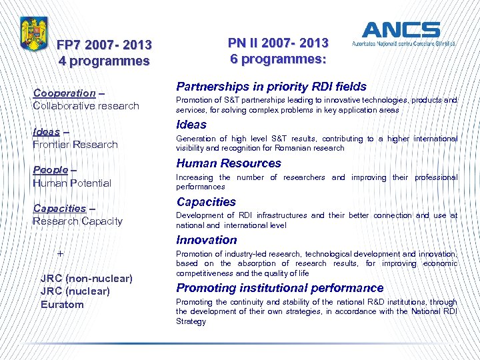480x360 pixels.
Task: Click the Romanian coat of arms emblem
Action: (33, 35)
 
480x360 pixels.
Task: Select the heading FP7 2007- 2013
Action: (104, 45)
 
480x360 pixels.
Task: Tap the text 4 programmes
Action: (104, 61)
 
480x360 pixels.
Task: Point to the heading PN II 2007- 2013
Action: (278, 43)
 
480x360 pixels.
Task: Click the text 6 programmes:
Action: (278, 59)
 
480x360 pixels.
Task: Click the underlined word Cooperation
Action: (64, 93)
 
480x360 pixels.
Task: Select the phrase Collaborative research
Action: (86, 106)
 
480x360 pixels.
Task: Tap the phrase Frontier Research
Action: (75, 145)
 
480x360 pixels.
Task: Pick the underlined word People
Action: (51, 170)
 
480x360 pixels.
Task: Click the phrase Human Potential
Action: (72, 183)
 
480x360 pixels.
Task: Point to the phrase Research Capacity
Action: (77, 221)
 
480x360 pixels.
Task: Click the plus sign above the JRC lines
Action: (61, 254)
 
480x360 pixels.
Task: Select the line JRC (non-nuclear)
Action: (86, 278)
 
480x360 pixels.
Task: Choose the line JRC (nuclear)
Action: (75, 291)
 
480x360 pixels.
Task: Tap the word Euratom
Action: (62, 305)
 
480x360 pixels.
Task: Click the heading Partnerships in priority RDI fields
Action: (271, 87)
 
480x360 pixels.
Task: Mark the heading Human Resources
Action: (229, 163)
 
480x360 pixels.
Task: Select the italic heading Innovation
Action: (207, 240)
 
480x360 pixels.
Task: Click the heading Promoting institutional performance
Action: (280, 288)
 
